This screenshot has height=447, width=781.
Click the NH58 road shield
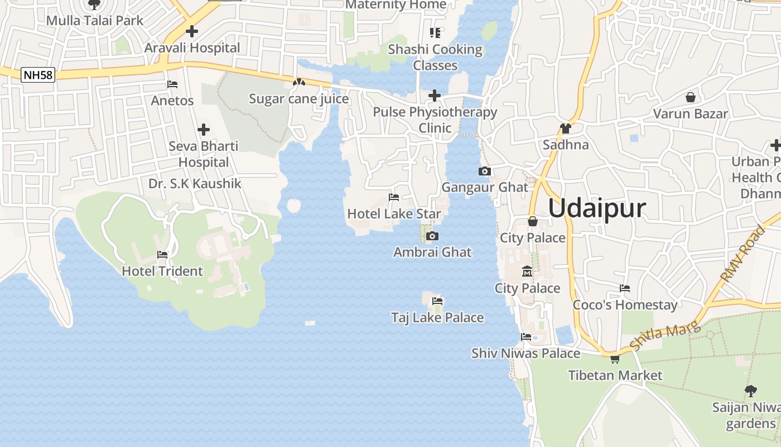tap(38, 75)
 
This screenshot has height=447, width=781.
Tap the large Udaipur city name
tap(597, 208)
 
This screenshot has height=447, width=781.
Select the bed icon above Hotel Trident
tap(162, 255)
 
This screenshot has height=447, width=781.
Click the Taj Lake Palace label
tap(437, 317)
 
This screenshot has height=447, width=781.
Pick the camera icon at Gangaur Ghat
tap(485, 171)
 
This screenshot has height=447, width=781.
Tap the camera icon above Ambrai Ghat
tap(432, 236)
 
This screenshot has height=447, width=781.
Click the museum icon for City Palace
tap(527, 272)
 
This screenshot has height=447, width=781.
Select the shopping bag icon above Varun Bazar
tap(691, 97)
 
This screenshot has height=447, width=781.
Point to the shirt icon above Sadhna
tap(566, 129)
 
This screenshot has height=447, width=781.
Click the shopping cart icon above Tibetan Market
tap(615, 359)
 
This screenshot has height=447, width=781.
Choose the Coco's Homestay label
tap(625, 305)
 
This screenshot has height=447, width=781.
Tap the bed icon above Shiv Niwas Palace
tap(526, 337)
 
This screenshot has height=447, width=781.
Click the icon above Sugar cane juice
tap(299, 83)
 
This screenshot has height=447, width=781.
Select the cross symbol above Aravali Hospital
tap(192, 31)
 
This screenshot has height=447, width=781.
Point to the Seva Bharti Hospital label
tap(204, 154)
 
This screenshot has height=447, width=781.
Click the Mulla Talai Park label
tap(95, 21)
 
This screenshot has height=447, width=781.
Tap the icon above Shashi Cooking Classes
tap(435, 33)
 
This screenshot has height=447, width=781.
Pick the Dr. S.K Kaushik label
tap(195, 183)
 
